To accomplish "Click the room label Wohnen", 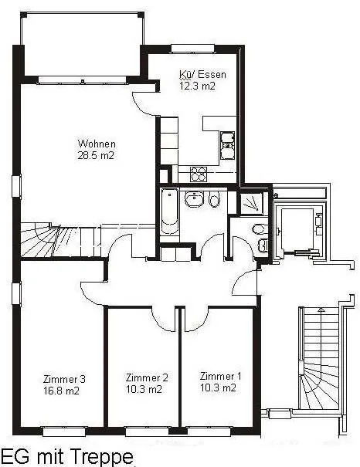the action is point(97,144).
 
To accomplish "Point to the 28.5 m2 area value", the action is point(96,155).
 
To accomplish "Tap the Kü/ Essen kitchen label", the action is point(202,74).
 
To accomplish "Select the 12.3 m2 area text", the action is point(197,86).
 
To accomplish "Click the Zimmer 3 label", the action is point(64,379).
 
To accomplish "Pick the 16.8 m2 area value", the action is point(61,391).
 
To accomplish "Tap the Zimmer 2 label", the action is point(147,377).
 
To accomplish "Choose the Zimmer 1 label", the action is point(220,376).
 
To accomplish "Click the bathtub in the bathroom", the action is point(169,212).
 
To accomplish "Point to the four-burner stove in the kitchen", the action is point(199,174).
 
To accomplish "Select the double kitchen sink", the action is point(227,146).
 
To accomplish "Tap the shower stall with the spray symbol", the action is point(252,203).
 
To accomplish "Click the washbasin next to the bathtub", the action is point(194,199).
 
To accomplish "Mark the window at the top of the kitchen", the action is point(193,49).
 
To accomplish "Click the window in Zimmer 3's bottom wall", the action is point(64,431).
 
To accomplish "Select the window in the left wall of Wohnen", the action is point(16,187).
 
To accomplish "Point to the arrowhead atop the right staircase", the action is point(321,310).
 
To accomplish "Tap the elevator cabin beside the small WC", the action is point(297,230).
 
